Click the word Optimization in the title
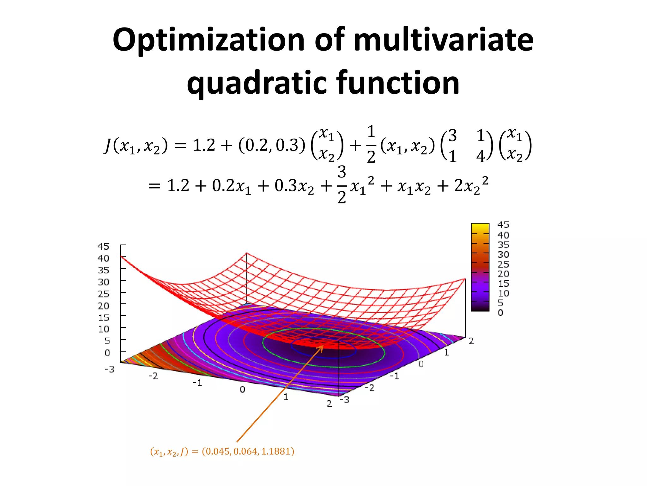click(x=209, y=40)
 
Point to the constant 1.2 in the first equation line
click(x=204, y=145)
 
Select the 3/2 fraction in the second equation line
click(x=342, y=185)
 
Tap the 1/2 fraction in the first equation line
click(x=371, y=145)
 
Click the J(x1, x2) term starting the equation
click(x=136, y=146)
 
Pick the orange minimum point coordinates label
click(x=222, y=452)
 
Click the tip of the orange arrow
click(x=323, y=346)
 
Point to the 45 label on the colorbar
click(x=503, y=225)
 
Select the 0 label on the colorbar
click(x=500, y=313)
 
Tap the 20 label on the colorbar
click(x=503, y=274)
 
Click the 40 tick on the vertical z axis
click(x=103, y=258)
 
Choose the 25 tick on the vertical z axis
click(x=103, y=294)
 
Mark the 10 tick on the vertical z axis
click(x=103, y=329)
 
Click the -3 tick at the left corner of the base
click(x=109, y=369)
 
